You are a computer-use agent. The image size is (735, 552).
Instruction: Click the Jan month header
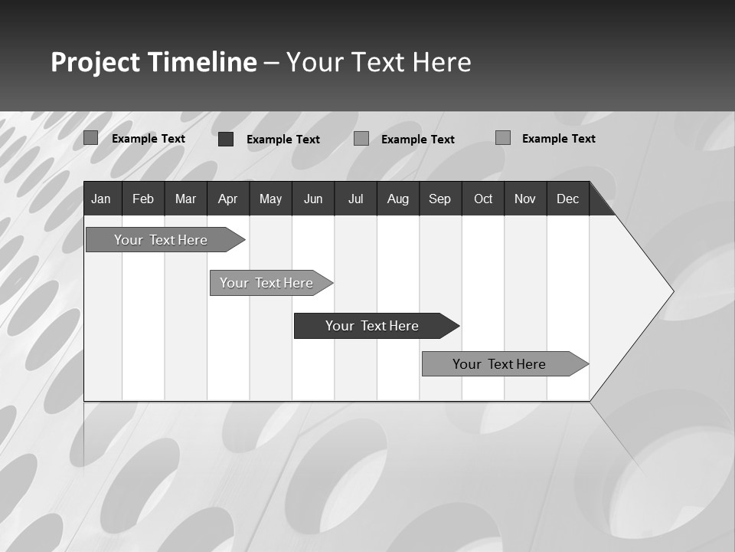[102, 199]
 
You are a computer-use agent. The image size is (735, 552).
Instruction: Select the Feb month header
[143, 199]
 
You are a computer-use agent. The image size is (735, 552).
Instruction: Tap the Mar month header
[185, 199]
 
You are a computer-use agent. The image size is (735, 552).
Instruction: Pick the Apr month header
[227, 199]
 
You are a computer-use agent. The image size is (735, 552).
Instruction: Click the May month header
[270, 199]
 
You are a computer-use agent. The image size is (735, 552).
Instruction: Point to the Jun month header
[313, 199]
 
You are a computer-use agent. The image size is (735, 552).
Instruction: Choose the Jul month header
[355, 199]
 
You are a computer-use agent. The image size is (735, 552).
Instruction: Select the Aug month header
[397, 199]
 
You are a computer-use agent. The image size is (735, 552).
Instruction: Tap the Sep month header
[439, 199]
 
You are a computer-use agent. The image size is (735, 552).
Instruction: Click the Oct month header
[483, 199]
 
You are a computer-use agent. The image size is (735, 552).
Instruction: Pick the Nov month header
[525, 199]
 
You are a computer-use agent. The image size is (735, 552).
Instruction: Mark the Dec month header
[567, 199]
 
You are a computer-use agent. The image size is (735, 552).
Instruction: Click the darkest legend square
[226, 139]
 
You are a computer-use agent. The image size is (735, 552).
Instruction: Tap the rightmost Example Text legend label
[558, 139]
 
